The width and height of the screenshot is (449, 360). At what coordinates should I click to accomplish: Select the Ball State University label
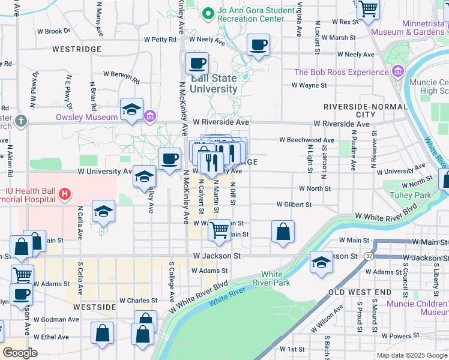click(x=214, y=83)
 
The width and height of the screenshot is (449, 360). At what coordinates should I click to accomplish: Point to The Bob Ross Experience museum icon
click(x=397, y=73)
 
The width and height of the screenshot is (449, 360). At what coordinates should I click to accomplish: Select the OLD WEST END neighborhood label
click(x=358, y=292)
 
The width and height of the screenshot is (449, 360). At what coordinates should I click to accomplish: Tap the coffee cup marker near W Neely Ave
click(x=258, y=45)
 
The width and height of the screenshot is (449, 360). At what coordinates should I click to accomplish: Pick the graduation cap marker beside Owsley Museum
click(x=131, y=109)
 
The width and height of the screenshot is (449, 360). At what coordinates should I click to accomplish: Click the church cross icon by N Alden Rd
click(x=21, y=121)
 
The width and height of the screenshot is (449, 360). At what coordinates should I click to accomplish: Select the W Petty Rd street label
click(x=160, y=40)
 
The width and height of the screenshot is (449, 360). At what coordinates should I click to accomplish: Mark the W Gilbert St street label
click(x=294, y=205)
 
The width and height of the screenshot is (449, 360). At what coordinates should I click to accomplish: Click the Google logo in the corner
click(x=20, y=353)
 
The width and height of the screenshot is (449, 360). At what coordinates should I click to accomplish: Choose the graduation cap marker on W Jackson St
click(x=321, y=262)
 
